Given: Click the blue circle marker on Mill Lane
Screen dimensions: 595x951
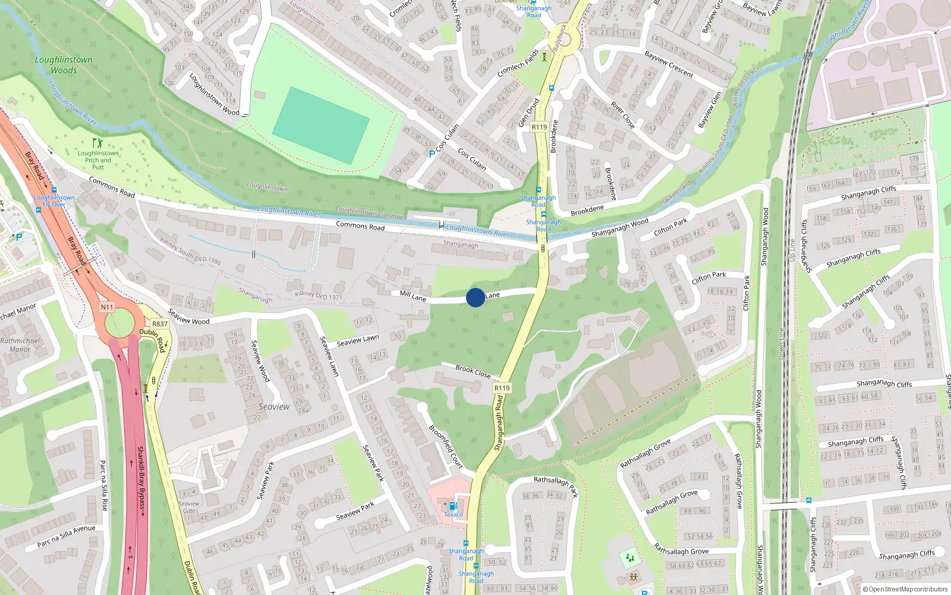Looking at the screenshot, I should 475,297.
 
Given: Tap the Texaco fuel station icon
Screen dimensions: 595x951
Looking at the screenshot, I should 453,506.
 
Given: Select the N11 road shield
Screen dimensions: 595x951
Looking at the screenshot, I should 106,307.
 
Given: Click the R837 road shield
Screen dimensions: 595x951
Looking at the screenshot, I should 160,324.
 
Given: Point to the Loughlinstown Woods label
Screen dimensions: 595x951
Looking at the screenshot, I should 64,65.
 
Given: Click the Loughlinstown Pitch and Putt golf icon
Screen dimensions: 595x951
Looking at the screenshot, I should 97,143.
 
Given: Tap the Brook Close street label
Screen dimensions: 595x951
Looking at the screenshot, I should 473,371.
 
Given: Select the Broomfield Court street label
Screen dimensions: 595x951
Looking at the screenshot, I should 446,446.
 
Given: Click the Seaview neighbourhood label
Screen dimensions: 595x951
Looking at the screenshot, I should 274,407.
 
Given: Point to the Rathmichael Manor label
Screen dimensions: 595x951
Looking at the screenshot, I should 20,345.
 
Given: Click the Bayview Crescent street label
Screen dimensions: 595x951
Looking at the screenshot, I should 669,64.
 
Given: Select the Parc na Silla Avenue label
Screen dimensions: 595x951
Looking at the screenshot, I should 66,535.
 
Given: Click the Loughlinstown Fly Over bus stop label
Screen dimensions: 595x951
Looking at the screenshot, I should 54,201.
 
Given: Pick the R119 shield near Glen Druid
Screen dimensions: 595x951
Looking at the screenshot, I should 539,127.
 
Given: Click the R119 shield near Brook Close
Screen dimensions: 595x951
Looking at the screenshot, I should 502,388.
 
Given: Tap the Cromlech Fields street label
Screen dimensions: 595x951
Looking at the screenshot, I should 518,63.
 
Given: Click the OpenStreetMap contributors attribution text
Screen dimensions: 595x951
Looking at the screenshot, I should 905,589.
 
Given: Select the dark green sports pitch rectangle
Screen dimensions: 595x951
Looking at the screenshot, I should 320,126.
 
